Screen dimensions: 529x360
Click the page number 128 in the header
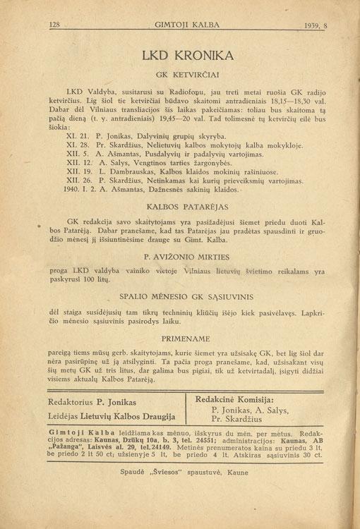pyautogui.click(x=56, y=25)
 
